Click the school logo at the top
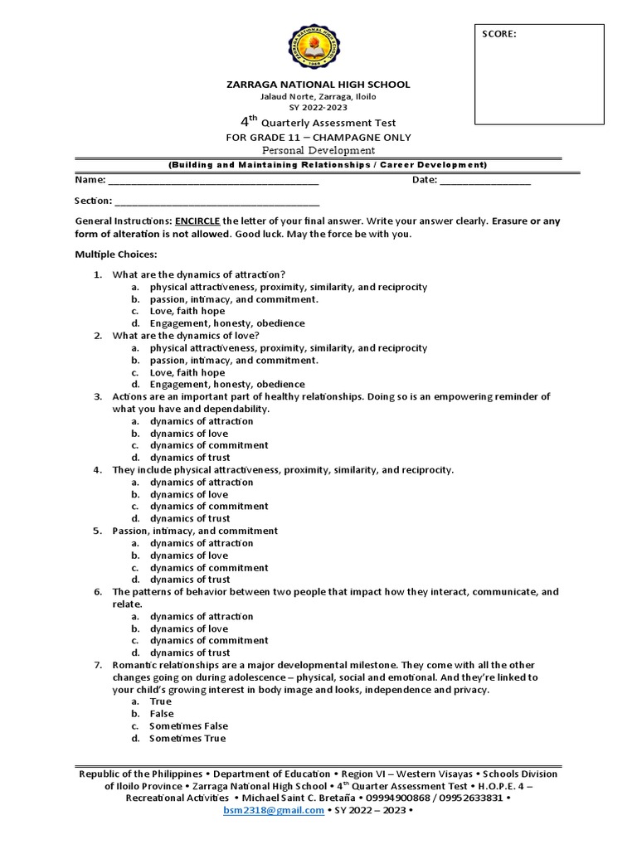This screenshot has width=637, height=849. [318, 46]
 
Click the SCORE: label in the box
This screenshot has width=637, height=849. [499, 34]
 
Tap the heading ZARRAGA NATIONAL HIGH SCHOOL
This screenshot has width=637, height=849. [318, 85]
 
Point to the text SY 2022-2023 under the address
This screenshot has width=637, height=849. [318, 108]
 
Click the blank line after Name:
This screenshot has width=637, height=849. [213, 180]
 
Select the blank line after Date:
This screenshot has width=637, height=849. [485, 180]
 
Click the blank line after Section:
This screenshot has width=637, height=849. [216, 201]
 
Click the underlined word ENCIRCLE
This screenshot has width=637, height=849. [197, 221]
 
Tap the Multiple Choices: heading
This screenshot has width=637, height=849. [115, 254]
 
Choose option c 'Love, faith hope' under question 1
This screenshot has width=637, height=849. [187, 311]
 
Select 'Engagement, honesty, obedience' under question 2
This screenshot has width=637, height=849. [227, 385]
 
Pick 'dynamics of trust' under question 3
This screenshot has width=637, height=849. [190, 458]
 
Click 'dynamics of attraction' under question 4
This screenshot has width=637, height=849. [202, 482]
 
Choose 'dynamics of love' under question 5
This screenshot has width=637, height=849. [189, 555]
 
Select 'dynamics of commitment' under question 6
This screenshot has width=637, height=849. [209, 640]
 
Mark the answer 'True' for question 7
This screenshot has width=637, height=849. [161, 701]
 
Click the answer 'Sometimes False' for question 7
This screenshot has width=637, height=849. [188, 725]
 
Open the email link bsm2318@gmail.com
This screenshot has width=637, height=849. [274, 810]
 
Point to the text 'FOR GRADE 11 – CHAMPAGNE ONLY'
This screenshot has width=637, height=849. [318, 137]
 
